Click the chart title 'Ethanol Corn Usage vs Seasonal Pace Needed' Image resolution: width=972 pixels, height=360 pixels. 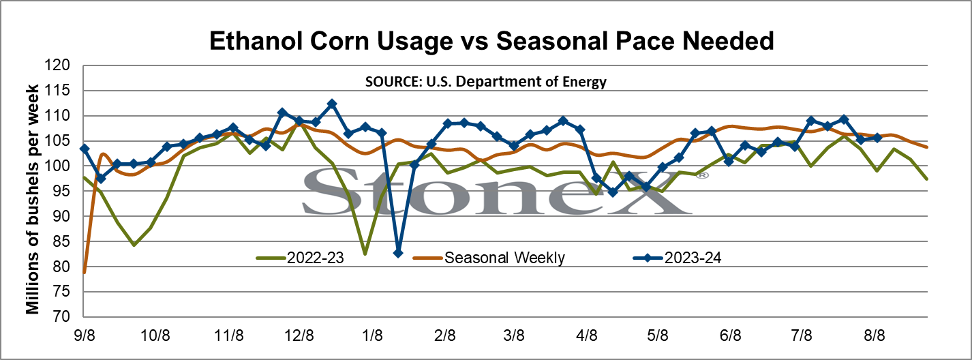(491, 41)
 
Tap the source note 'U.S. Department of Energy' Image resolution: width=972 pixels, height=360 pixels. (517, 82)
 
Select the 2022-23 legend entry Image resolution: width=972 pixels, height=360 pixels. (301, 258)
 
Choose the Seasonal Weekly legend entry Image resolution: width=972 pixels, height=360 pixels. (489, 258)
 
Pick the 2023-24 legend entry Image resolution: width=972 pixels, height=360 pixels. (678, 258)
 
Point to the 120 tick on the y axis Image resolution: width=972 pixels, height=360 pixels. (57, 65)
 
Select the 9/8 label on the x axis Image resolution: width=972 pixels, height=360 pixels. (85, 335)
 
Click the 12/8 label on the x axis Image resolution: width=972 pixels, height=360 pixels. (299, 335)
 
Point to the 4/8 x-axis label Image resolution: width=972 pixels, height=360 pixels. (587, 335)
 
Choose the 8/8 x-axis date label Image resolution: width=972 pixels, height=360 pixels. (874, 335)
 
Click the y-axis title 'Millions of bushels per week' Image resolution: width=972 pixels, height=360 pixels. (33, 199)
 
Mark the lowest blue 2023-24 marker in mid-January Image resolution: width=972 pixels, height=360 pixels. (398, 253)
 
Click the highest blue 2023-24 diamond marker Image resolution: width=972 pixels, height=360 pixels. (332, 104)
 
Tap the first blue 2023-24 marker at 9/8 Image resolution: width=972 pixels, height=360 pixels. (85, 149)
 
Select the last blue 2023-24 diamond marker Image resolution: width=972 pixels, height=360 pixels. (877, 138)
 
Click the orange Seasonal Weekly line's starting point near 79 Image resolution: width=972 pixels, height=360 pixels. (85, 273)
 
